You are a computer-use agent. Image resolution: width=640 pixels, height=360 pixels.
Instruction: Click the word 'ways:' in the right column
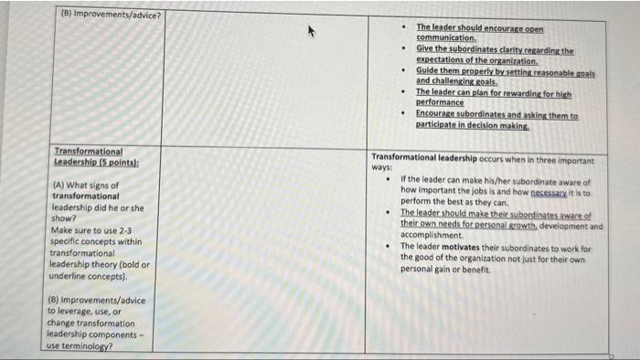click(x=382, y=168)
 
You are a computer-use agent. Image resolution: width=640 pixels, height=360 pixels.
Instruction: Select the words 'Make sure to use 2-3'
click(x=88, y=230)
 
